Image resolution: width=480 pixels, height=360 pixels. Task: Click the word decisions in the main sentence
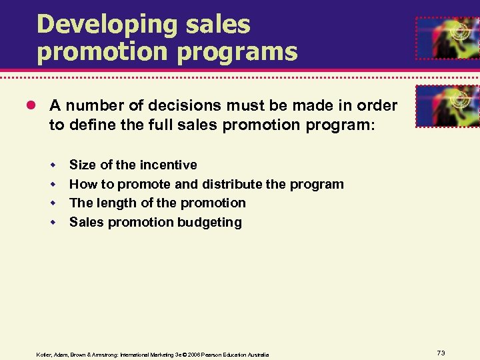coord(183,105)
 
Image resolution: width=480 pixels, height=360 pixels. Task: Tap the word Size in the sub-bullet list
coord(82,165)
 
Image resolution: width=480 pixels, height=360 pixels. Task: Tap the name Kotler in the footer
coord(44,354)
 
